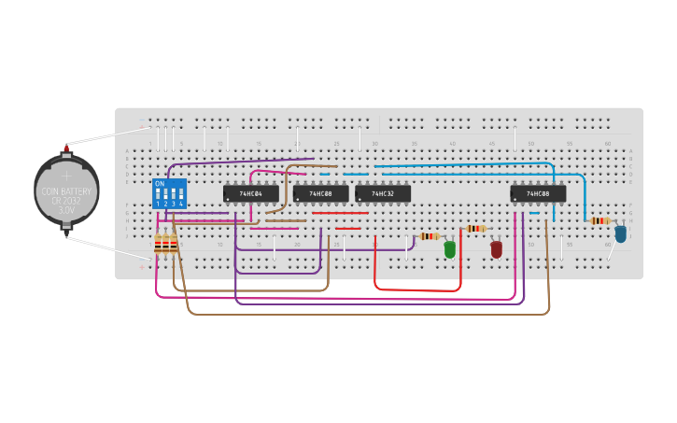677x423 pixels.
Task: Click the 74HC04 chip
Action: point(250,193)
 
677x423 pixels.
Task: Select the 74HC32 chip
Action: point(383,193)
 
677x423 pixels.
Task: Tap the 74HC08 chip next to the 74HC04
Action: point(320,193)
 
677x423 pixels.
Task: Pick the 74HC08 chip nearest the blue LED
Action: point(538,193)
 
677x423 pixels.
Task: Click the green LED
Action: point(450,249)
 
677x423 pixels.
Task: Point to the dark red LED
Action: point(496,249)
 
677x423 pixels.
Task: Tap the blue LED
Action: point(620,233)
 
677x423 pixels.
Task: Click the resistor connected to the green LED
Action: point(429,236)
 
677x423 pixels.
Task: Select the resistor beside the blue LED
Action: point(599,220)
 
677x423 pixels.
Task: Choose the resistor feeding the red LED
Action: point(475,228)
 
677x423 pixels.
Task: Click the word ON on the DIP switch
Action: point(160,183)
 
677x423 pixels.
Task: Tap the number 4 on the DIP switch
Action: point(180,204)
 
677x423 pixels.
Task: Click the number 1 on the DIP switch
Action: point(158,204)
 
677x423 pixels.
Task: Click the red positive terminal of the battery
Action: point(66,147)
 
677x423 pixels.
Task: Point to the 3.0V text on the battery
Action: point(66,211)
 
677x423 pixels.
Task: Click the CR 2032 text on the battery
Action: point(66,201)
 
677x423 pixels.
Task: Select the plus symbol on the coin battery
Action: point(65,175)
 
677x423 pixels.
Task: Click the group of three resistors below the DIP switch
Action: point(166,245)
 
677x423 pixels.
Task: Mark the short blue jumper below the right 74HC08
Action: point(534,213)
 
